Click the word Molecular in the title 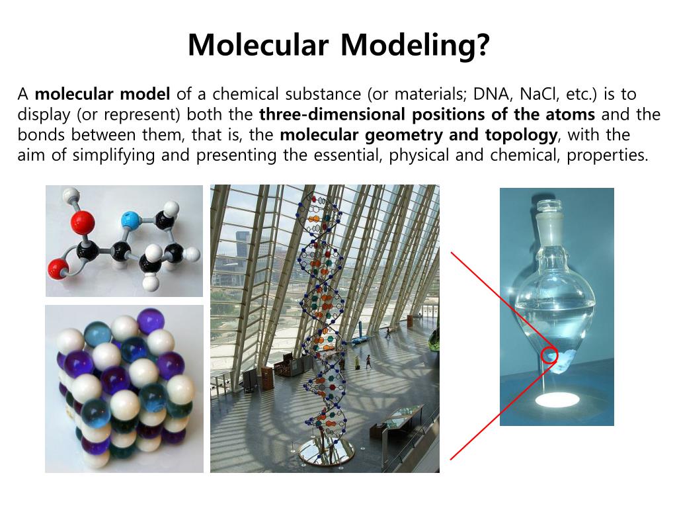pyautogui.click(x=258, y=45)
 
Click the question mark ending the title pyautogui.click(x=483, y=45)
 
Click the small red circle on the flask pyautogui.click(x=549, y=356)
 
